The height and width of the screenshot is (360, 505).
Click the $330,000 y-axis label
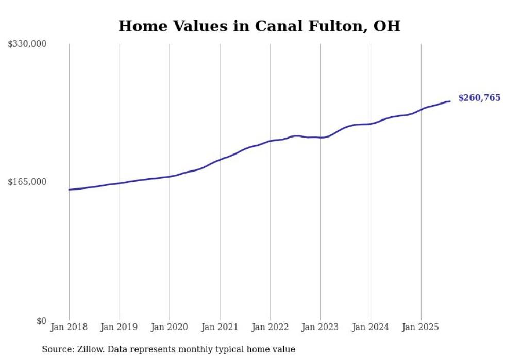click(x=27, y=44)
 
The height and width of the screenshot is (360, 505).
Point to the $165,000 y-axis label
click(x=27, y=182)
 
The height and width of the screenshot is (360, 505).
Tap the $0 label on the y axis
click(x=41, y=321)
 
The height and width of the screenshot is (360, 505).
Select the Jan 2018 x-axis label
click(x=69, y=327)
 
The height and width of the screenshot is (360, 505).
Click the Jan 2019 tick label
click(x=119, y=327)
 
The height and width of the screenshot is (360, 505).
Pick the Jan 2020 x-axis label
click(x=170, y=327)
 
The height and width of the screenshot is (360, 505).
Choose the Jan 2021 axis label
click(x=220, y=327)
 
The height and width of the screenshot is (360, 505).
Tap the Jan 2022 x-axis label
click(x=270, y=327)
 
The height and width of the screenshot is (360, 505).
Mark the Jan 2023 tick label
click(x=320, y=327)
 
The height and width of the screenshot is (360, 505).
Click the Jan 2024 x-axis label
click(x=371, y=327)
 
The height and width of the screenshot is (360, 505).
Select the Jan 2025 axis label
click(x=420, y=327)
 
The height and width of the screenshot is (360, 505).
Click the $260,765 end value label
click(x=479, y=98)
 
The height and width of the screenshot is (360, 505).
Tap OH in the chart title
click(x=386, y=26)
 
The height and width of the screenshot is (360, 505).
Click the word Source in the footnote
click(x=57, y=349)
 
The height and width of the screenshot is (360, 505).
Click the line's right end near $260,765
click(x=450, y=101)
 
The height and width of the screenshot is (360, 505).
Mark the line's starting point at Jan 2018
click(x=69, y=190)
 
